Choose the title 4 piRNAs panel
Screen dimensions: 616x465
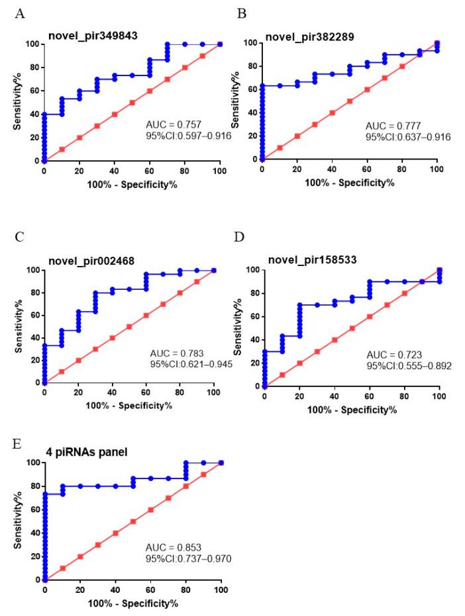tap(81, 453)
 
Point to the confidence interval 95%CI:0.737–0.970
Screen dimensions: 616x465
tap(189, 560)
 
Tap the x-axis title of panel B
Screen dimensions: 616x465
tap(349, 182)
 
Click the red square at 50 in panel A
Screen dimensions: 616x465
tap(132, 103)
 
